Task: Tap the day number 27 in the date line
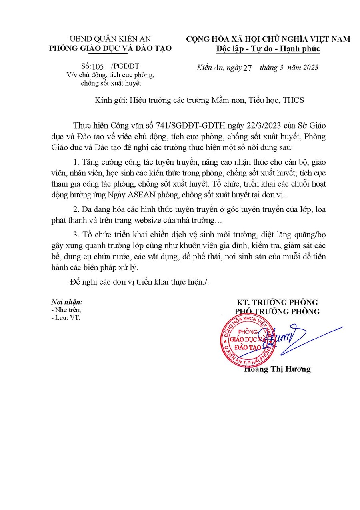tap(247, 68)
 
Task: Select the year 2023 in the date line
tap(308, 67)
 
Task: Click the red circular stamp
tap(248, 339)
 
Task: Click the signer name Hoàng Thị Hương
tap(277, 369)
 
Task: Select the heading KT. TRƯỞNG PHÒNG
tap(277, 302)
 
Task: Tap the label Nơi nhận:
tap(66, 302)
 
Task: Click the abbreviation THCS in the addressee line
tap(293, 100)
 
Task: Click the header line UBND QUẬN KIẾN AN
tap(110, 39)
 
